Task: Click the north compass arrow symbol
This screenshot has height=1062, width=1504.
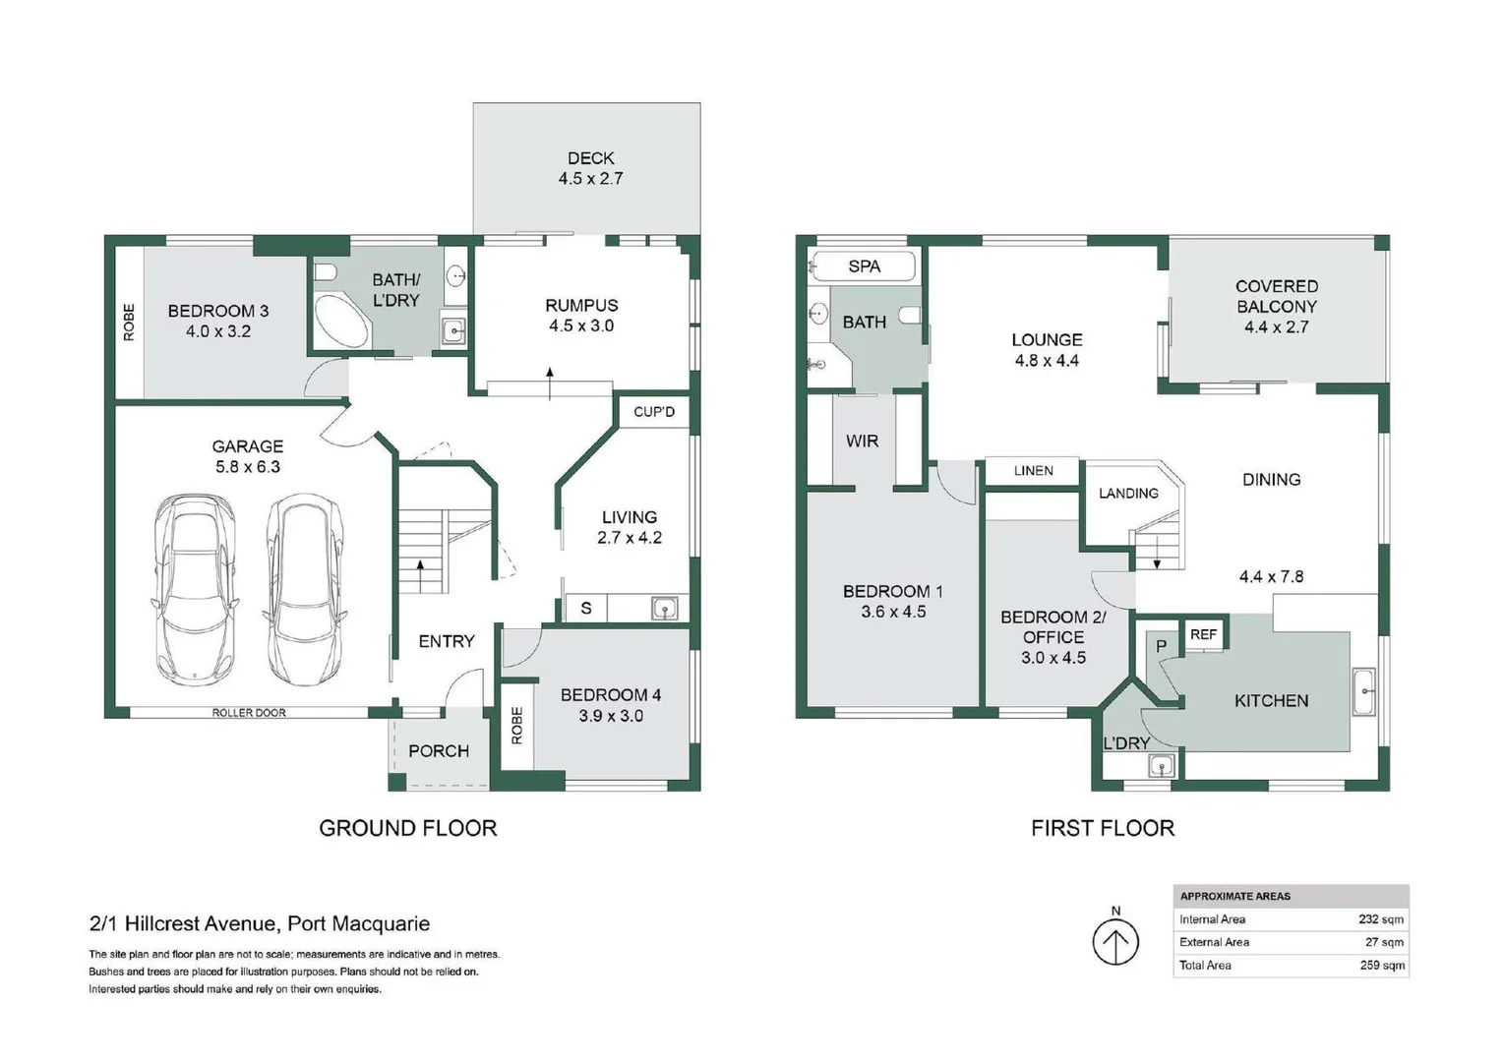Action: pos(1115,942)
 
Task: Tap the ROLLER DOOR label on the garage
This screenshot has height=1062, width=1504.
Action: pos(249,713)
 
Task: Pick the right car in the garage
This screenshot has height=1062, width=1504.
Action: pos(306,589)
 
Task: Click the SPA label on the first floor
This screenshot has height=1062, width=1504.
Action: pos(864,266)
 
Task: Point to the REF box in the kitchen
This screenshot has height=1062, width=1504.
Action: pos(1203,634)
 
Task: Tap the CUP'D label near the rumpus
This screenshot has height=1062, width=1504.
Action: pos(654,411)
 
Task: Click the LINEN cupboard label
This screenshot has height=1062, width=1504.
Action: pos(1033,471)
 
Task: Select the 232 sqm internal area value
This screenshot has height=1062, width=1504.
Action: pos(1381,919)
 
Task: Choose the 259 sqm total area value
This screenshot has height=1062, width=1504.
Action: pos(1381,966)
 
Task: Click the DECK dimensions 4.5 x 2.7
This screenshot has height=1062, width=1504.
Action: pos(590,179)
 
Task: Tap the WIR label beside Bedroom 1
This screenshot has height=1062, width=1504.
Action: pos(862,442)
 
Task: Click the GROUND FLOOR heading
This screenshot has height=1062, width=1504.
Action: pos(407,828)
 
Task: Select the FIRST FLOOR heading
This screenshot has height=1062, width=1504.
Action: pos(1102,828)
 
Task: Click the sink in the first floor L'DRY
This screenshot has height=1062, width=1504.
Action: pos(1161,765)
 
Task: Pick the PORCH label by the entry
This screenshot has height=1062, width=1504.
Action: pos(438,751)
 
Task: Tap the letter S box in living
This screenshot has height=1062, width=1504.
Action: pos(586,609)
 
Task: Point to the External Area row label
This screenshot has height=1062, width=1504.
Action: pos(1214,942)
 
